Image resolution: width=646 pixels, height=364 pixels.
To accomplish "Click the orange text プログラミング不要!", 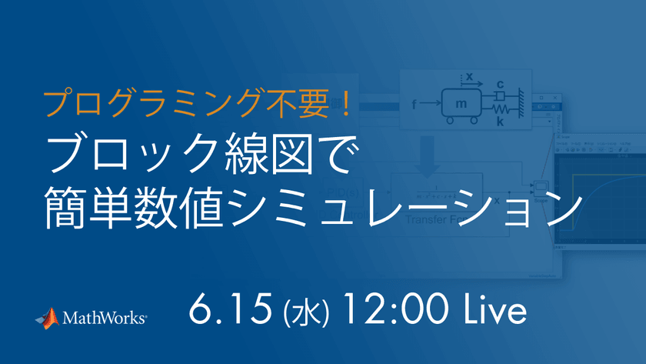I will (x=197, y=102).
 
